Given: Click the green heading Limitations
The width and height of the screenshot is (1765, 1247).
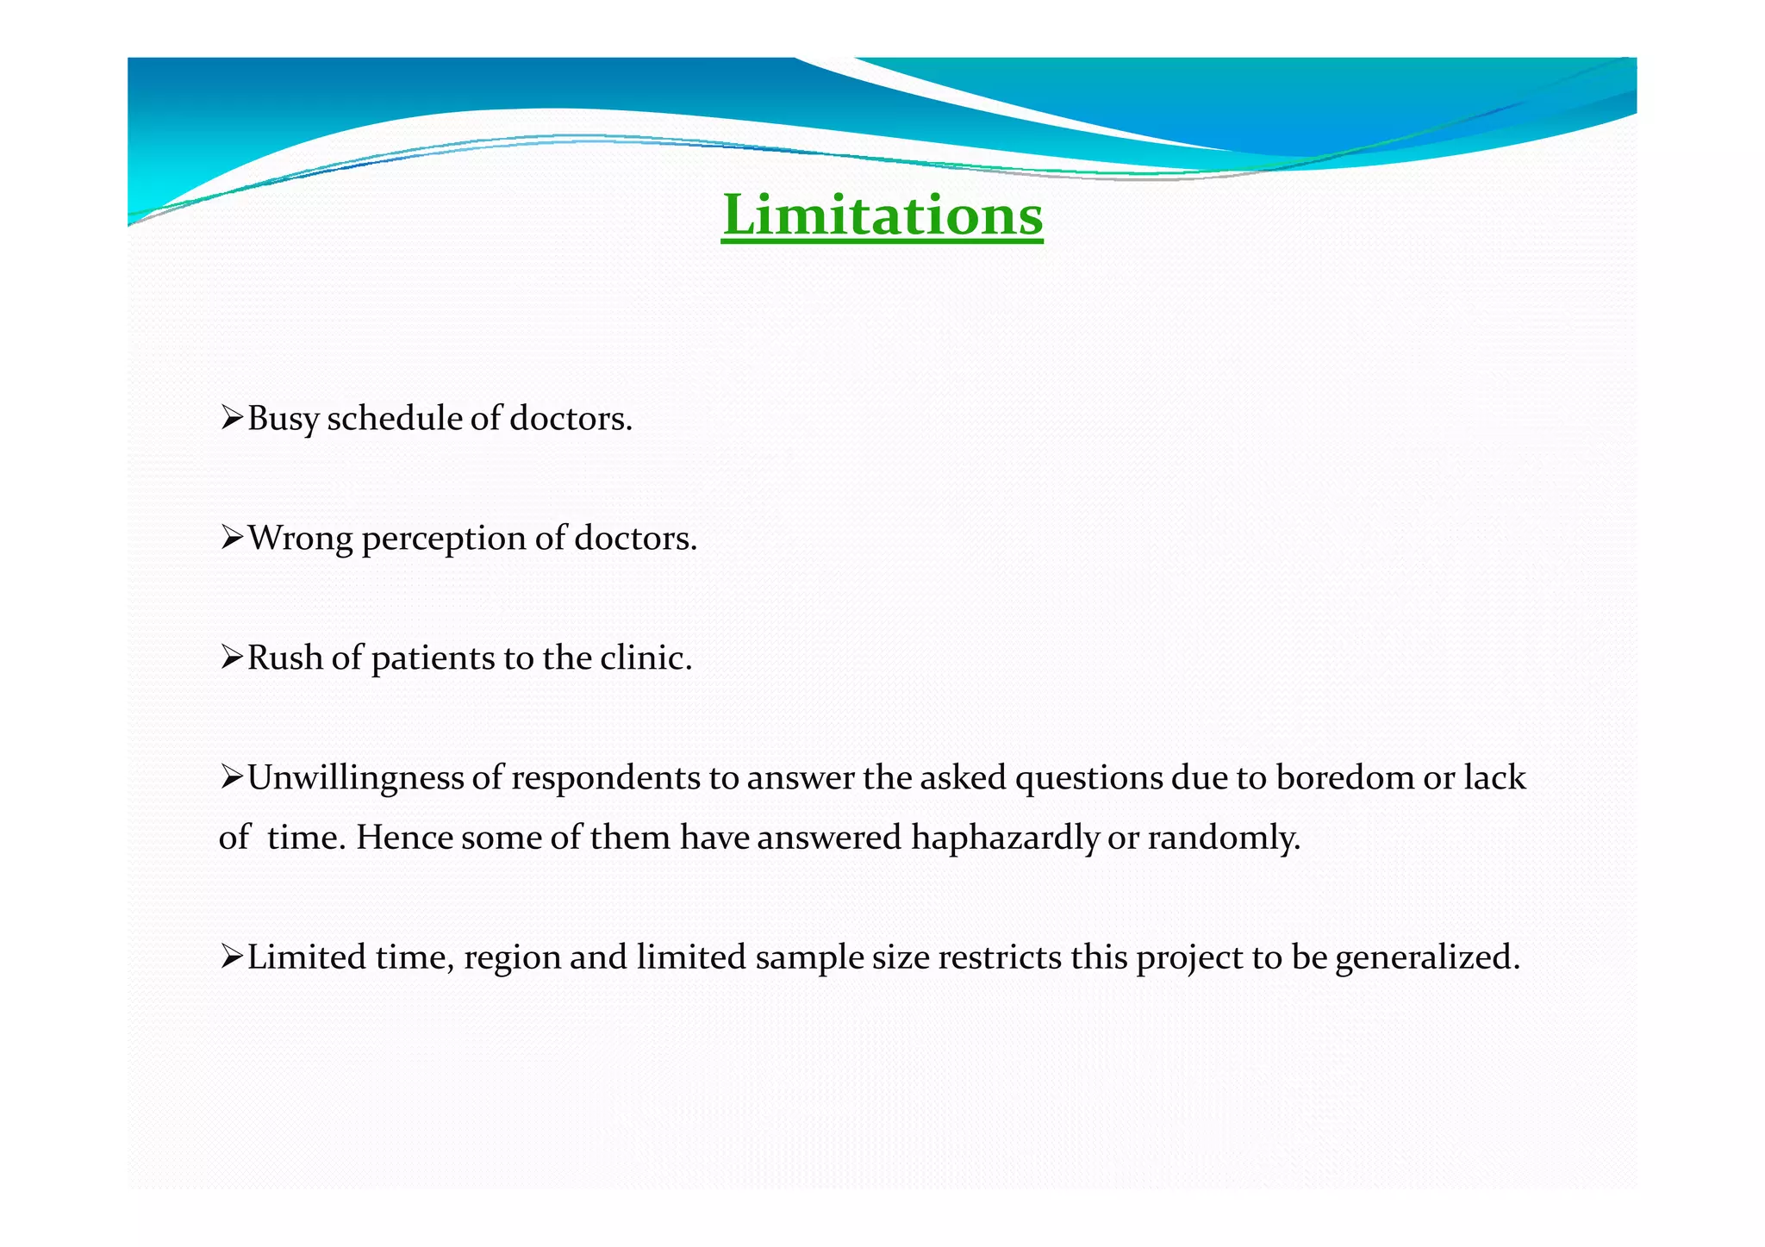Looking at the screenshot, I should tap(882, 215).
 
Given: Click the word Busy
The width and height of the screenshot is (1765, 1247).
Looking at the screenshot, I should tap(283, 420).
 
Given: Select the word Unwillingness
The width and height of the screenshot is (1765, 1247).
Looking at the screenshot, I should tap(354, 779).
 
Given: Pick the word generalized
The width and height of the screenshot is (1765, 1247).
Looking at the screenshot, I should tap(1427, 958).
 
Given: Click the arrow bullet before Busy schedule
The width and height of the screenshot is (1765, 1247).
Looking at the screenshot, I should tap(231, 419).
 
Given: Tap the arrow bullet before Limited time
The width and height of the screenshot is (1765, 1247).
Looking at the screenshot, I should tap(231, 957).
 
